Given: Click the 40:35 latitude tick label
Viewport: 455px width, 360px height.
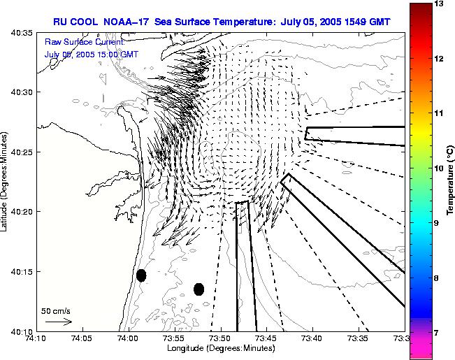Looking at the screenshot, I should [x=24, y=33].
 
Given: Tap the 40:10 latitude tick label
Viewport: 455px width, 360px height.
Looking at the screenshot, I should [x=24, y=331].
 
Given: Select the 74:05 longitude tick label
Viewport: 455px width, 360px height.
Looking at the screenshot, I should [x=82, y=339].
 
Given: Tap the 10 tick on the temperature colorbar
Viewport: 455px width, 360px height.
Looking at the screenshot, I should [x=437, y=168].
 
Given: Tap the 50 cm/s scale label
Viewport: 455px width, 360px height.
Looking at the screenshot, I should [x=56, y=310].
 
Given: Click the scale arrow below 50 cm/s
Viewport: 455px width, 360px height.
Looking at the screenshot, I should [x=59, y=322].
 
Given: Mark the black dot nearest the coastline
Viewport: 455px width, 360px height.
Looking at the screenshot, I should [x=141, y=275].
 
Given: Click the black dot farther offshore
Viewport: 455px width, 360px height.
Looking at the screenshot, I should [x=198, y=289].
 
